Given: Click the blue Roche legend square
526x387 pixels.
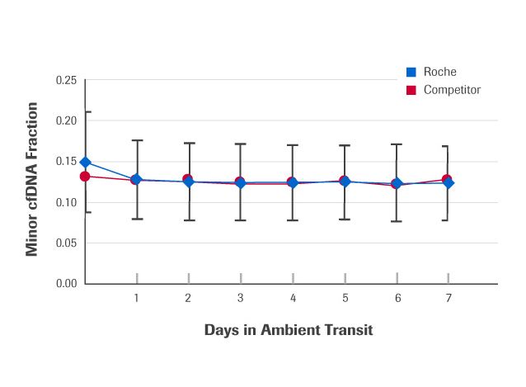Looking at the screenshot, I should (x=411, y=72).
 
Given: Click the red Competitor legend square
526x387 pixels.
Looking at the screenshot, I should (x=411, y=89).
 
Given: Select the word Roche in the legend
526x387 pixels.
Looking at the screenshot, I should (x=439, y=72).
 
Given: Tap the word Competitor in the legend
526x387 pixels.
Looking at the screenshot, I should (x=452, y=89).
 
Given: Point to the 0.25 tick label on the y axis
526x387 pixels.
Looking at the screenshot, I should (x=66, y=80).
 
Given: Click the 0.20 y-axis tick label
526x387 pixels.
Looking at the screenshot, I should (x=66, y=120).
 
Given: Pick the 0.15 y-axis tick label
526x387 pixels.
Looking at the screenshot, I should (x=66, y=162).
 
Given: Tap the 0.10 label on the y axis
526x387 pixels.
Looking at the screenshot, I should (x=66, y=202).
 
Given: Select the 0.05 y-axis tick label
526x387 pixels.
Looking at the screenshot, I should (x=66, y=243).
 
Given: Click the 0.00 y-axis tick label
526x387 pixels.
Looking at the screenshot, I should (x=66, y=284).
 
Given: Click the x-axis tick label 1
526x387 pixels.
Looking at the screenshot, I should (x=136, y=298).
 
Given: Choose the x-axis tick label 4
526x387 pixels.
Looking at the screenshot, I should (x=293, y=298).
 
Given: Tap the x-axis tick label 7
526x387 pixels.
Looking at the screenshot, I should (x=449, y=298).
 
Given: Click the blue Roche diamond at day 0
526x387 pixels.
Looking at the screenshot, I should (x=85, y=163).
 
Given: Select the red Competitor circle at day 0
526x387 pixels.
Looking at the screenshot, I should (x=85, y=177).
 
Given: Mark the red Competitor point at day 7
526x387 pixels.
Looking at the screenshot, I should (x=446, y=179).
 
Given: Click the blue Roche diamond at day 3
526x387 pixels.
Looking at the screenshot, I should (x=240, y=183).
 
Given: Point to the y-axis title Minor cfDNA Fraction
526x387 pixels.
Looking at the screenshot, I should (x=33, y=179).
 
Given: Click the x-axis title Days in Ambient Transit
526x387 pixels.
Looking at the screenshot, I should (x=289, y=330).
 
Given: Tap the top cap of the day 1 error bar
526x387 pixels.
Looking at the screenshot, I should (x=137, y=141).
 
